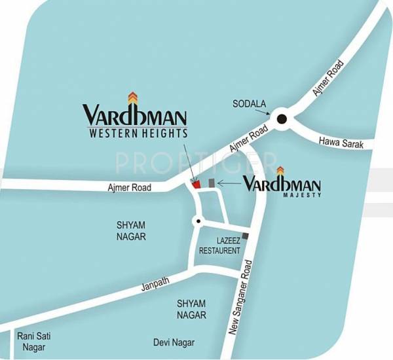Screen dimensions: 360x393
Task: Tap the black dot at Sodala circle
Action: tap(282, 118)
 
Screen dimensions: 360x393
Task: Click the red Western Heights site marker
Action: tap(196, 185)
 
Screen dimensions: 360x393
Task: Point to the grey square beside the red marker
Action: tap(212, 182)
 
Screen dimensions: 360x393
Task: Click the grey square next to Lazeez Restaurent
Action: tap(246, 236)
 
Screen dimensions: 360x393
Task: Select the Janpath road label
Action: tap(155, 285)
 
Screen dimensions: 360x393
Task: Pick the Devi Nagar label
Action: tap(174, 342)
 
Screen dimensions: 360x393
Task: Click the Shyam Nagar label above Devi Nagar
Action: tap(191, 309)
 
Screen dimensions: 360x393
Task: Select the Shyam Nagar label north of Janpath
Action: tap(131, 230)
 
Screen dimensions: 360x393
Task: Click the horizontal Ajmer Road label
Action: tap(130, 188)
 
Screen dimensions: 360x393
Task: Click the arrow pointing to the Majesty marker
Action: tap(229, 184)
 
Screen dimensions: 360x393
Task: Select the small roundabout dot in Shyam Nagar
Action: tap(196, 221)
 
